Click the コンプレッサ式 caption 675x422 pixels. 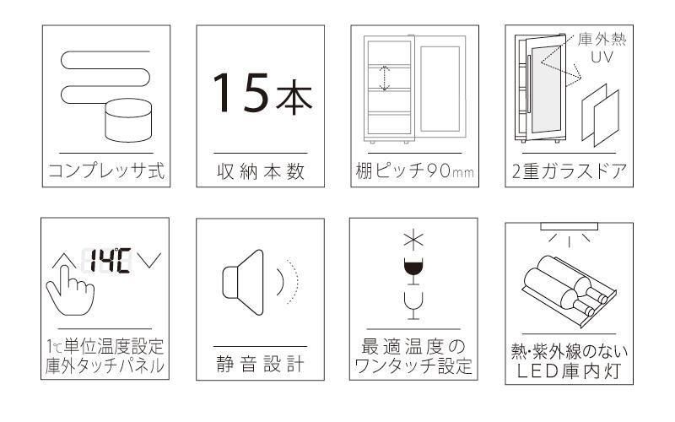coord(106,170)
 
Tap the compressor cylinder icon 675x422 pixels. coord(128,121)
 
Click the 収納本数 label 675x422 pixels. coord(261,171)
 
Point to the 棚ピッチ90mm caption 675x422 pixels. coord(414,171)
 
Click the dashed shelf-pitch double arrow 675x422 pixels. coord(385,78)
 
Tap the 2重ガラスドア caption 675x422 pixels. coord(569,171)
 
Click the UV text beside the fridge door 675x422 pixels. coord(602,57)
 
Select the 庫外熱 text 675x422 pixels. coord(602,40)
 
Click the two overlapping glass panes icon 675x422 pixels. coord(601,116)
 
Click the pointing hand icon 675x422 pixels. coord(70,289)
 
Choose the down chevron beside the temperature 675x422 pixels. coord(149,260)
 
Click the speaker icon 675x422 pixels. coord(243,282)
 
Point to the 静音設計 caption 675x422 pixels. coord(260,365)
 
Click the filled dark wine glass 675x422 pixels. coord(413,270)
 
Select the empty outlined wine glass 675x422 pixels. coord(413,306)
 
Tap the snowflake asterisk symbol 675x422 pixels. coord(413,241)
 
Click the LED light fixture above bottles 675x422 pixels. coord(569,226)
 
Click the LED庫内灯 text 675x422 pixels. coord(569,371)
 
